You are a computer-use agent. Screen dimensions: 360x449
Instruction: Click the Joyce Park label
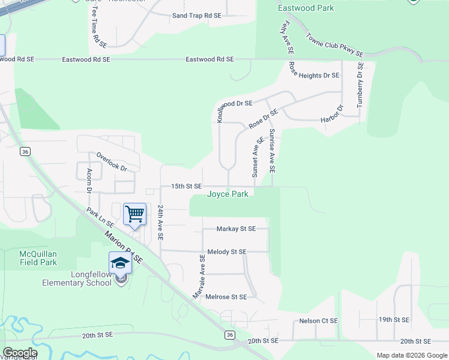pyautogui.click(x=228, y=194)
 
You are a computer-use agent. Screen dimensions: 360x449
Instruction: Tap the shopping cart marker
pyautogui.click(x=134, y=214)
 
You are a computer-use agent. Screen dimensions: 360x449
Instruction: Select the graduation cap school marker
pyautogui.click(x=120, y=262)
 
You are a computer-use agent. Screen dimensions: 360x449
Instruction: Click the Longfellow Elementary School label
pyautogui.click(x=77, y=278)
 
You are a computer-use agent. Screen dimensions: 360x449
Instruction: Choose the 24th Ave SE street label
pyautogui.click(x=161, y=223)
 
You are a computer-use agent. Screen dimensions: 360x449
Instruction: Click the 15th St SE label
pyautogui.click(x=186, y=187)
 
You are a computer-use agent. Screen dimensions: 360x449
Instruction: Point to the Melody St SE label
pyautogui.click(x=226, y=252)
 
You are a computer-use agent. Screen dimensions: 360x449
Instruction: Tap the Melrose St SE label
pyautogui.click(x=226, y=297)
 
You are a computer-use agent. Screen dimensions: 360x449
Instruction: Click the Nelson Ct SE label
pyautogui.click(x=318, y=321)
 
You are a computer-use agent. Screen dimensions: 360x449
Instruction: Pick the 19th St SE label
pyautogui.click(x=394, y=320)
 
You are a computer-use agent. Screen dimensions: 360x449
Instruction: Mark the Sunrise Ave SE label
pyautogui.click(x=272, y=151)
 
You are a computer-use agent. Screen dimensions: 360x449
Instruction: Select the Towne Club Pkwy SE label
pyautogui.click(x=334, y=45)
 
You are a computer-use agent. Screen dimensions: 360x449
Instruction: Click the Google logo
pyautogui.click(x=20, y=352)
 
